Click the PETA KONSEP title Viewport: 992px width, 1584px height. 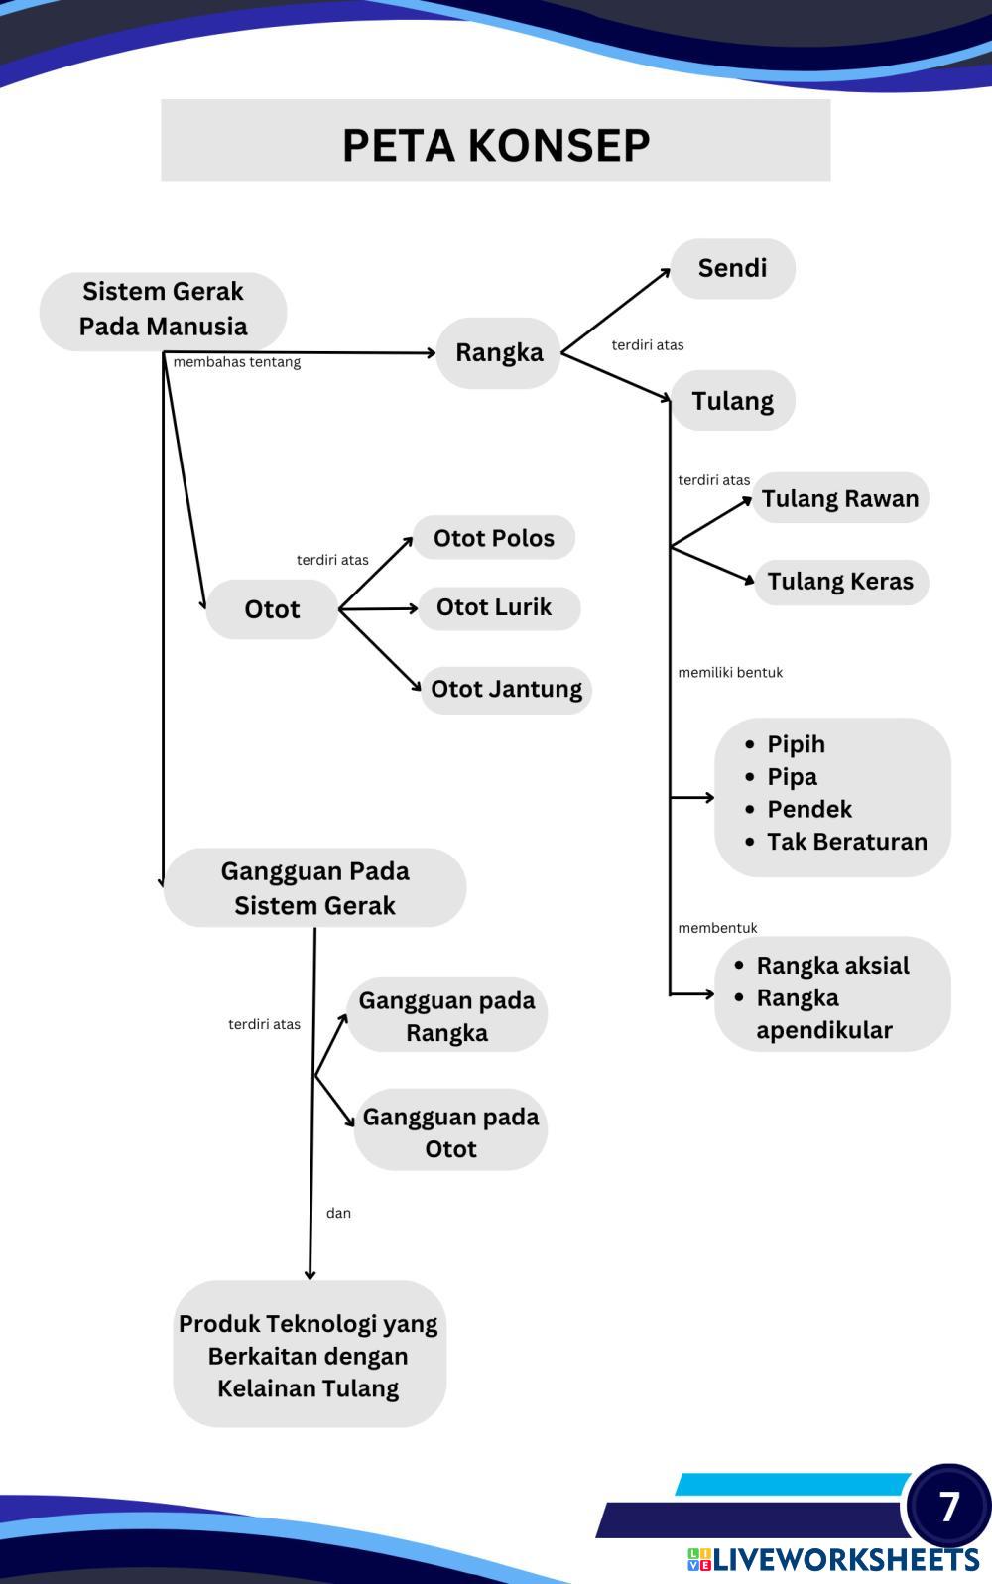tap(495, 145)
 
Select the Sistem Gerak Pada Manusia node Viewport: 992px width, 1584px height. tap(163, 310)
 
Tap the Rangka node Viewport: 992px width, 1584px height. tap(499, 352)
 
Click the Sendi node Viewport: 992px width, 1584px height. tap(732, 268)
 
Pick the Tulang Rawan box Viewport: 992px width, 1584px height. tap(840, 498)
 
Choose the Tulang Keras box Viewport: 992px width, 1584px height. tap(840, 582)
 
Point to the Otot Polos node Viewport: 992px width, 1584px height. tap(493, 538)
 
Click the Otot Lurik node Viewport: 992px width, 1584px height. tap(494, 607)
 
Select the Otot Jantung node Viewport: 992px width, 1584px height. tap(506, 689)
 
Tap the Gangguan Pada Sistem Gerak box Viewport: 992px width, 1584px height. tap(314, 887)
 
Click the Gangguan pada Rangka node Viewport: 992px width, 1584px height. tap(446, 1015)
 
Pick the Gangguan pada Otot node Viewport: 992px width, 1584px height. tap(450, 1131)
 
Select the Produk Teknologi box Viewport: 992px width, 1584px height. tap(309, 1355)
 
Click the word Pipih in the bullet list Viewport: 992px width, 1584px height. tap(796, 744)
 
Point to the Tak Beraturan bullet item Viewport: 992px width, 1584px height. tap(846, 842)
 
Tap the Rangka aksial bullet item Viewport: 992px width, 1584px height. tap(832, 966)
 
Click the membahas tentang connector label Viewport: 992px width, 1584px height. tap(236, 362)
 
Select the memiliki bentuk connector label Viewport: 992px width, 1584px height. tap(730, 673)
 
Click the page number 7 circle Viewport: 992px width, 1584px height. tap(948, 1506)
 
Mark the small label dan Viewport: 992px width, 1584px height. tap(338, 1213)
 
